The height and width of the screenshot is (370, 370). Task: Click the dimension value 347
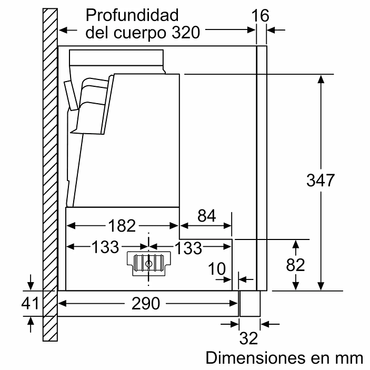pos(321,181)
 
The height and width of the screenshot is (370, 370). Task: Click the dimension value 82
pos(296,265)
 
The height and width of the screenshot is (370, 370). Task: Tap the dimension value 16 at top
pos(261,16)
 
